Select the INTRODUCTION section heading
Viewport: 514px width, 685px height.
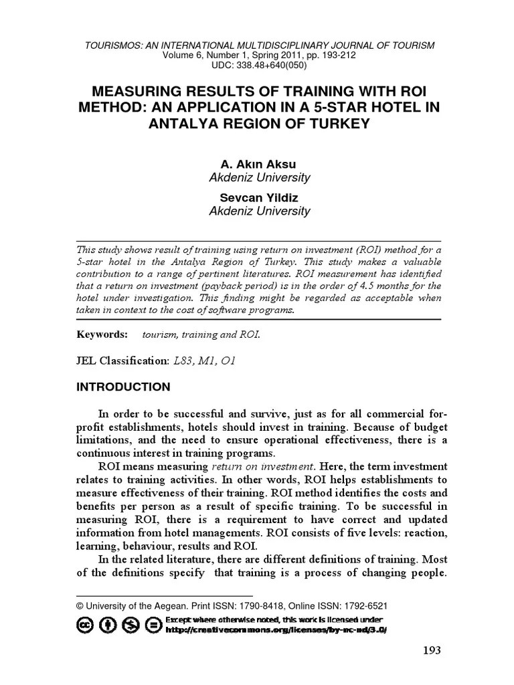[x=123, y=387]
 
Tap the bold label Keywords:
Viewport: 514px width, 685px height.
[x=102, y=334]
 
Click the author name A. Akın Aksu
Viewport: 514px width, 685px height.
[x=258, y=164]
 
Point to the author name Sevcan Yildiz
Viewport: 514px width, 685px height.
[x=258, y=197]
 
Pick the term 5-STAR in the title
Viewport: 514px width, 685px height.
[x=343, y=107]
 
